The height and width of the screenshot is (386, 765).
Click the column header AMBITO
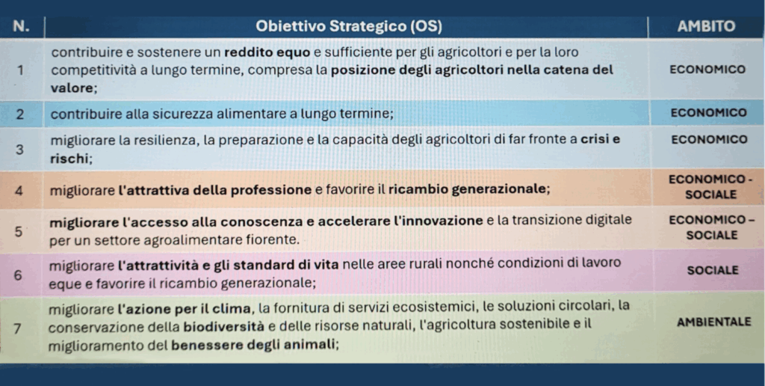706,26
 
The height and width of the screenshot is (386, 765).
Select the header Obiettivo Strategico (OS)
348,26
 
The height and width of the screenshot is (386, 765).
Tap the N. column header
21,26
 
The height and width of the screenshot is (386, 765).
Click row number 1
20,70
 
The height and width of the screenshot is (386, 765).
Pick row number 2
19,114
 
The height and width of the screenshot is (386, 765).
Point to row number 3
19,150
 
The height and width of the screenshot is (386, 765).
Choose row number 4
19,191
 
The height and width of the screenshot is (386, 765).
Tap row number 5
18,232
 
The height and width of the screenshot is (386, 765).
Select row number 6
18,275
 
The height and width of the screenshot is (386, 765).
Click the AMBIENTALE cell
714,322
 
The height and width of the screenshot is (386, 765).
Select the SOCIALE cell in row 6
713,270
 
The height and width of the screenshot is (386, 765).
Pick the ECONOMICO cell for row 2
708,113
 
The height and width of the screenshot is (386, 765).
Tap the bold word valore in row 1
72,88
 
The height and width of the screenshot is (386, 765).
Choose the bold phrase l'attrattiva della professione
214,189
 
